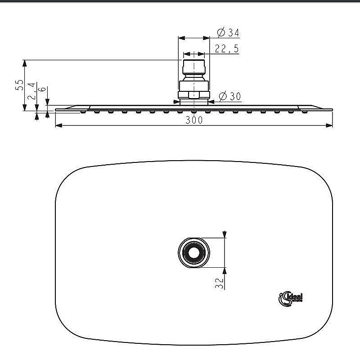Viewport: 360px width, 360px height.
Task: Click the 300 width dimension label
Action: pos(193,120)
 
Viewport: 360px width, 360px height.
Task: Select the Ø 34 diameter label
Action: pos(228,33)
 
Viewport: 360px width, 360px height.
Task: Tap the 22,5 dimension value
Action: pos(226,49)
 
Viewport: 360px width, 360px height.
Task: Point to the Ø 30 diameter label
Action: pos(229,96)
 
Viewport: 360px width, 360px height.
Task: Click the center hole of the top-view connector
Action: pos(194,252)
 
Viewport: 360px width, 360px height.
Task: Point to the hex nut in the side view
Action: pos(194,95)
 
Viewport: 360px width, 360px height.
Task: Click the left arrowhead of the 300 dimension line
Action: pos(58,126)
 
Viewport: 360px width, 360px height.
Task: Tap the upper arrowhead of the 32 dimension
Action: pos(225,234)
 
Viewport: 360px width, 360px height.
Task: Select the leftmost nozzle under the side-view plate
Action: pos(83,112)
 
